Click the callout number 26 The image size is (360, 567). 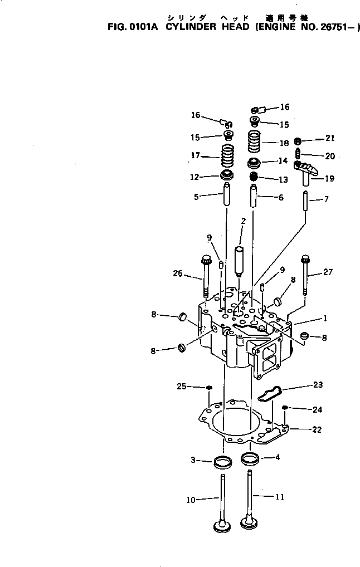click(x=177, y=273)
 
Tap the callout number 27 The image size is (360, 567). click(x=327, y=272)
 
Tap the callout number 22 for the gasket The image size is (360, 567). click(x=317, y=429)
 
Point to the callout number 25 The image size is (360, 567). click(x=181, y=387)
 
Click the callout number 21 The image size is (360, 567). click(x=330, y=138)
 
